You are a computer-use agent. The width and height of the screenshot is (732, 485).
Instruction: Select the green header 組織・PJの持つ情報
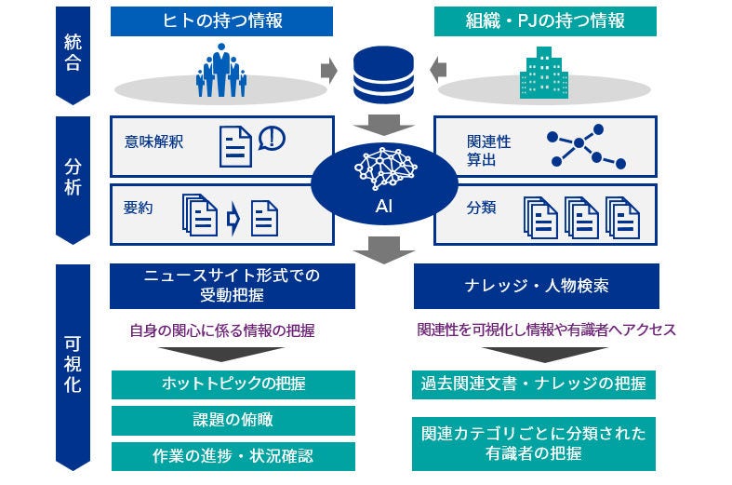[x=544, y=21]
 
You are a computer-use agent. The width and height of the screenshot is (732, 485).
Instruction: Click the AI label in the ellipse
[x=384, y=207]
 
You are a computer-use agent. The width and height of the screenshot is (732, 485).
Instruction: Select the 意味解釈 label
[x=153, y=142]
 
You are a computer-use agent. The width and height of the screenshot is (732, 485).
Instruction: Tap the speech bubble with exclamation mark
[x=272, y=139]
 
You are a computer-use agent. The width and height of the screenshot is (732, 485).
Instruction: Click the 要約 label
[x=138, y=209]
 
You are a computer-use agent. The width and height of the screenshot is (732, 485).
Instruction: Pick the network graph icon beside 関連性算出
[x=586, y=145]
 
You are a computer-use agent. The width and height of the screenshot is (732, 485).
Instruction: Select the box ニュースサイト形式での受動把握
[x=220, y=286]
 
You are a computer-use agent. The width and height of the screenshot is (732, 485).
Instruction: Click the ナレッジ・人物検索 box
[x=536, y=286]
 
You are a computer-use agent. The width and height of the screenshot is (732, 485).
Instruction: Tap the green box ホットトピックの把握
[x=233, y=384]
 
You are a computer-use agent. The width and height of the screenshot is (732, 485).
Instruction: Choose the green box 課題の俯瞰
[x=233, y=420]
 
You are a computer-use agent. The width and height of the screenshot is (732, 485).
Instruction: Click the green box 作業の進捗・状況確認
[x=233, y=456]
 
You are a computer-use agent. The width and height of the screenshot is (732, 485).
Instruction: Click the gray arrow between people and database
[x=327, y=71]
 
